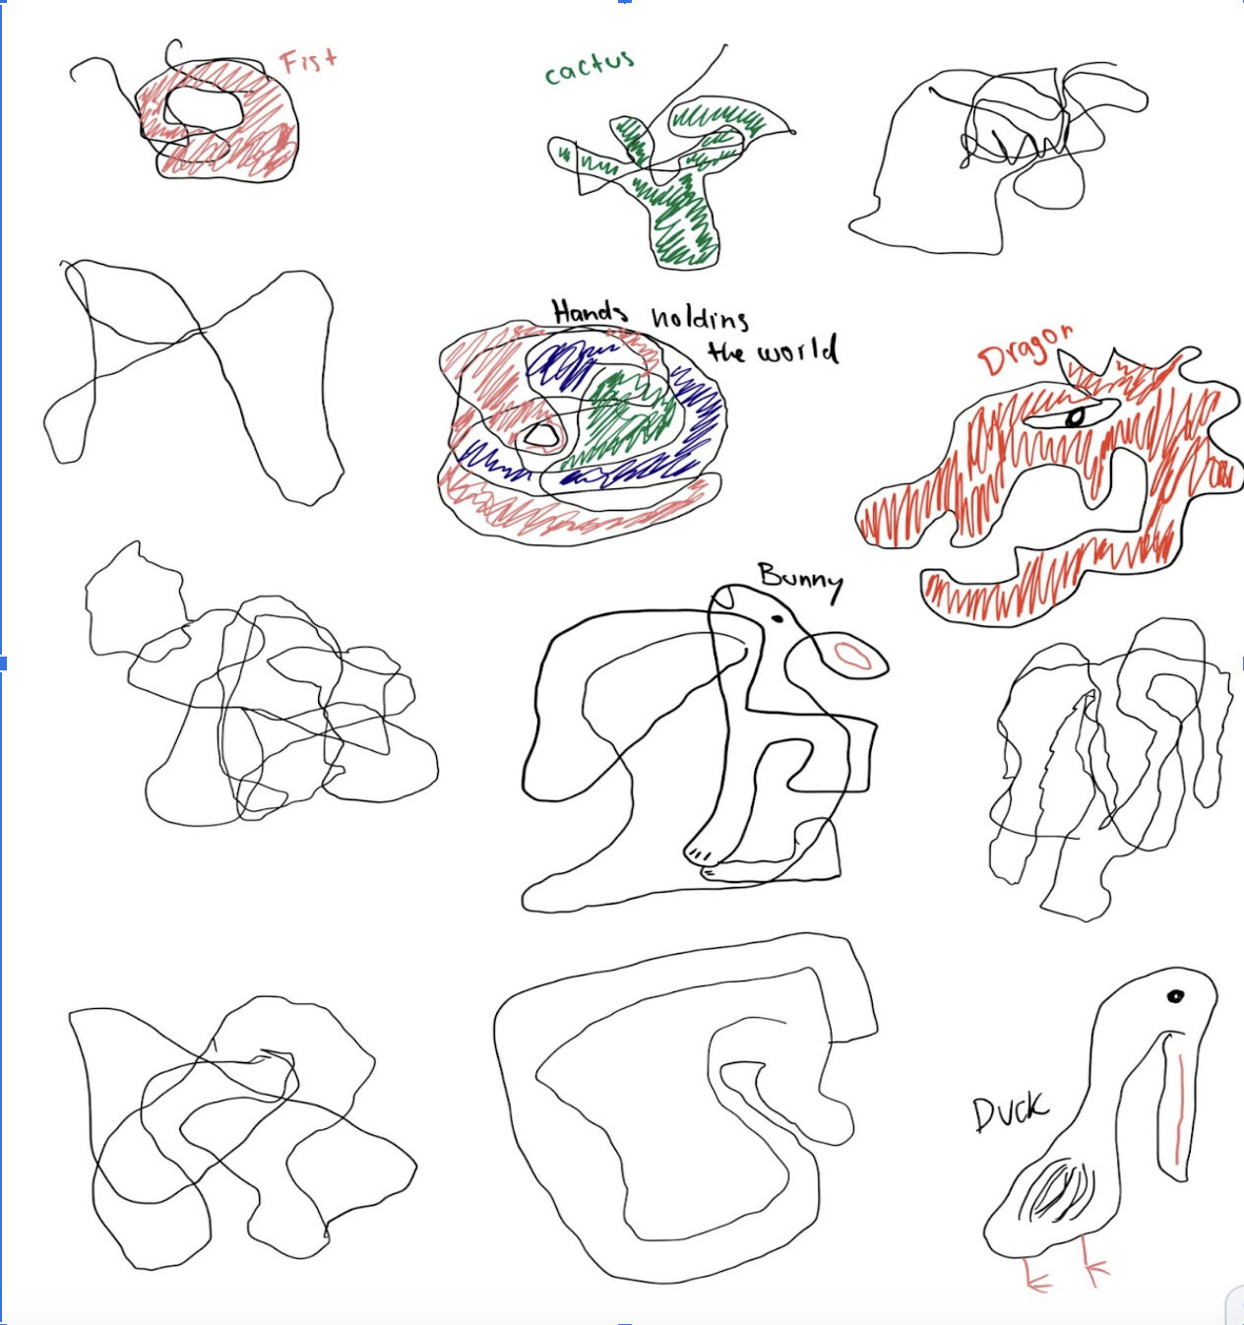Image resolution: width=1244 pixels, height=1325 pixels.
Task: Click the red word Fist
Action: pyautogui.click(x=308, y=61)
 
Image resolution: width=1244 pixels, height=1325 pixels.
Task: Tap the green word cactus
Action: pyautogui.click(x=590, y=68)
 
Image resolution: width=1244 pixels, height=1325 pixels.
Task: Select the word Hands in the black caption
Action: pyautogui.click(x=589, y=312)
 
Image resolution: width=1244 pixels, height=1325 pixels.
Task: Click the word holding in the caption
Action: pyautogui.click(x=700, y=317)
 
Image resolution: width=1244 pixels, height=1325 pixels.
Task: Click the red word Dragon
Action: pyautogui.click(x=1024, y=349)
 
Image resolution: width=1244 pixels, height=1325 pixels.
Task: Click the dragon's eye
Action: pyautogui.click(x=1075, y=417)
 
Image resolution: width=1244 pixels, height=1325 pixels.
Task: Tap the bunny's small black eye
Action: pyautogui.click(x=777, y=619)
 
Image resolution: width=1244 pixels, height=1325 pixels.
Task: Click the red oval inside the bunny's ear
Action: pyautogui.click(x=852, y=656)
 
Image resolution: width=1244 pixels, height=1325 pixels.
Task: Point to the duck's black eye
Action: pyautogui.click(x=1175, y=996)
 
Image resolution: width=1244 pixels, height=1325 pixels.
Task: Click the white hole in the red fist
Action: pyautogui.click(x=203, y=109)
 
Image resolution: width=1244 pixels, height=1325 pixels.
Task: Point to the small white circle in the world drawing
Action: pyautogui.click(x=539, y=433)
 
